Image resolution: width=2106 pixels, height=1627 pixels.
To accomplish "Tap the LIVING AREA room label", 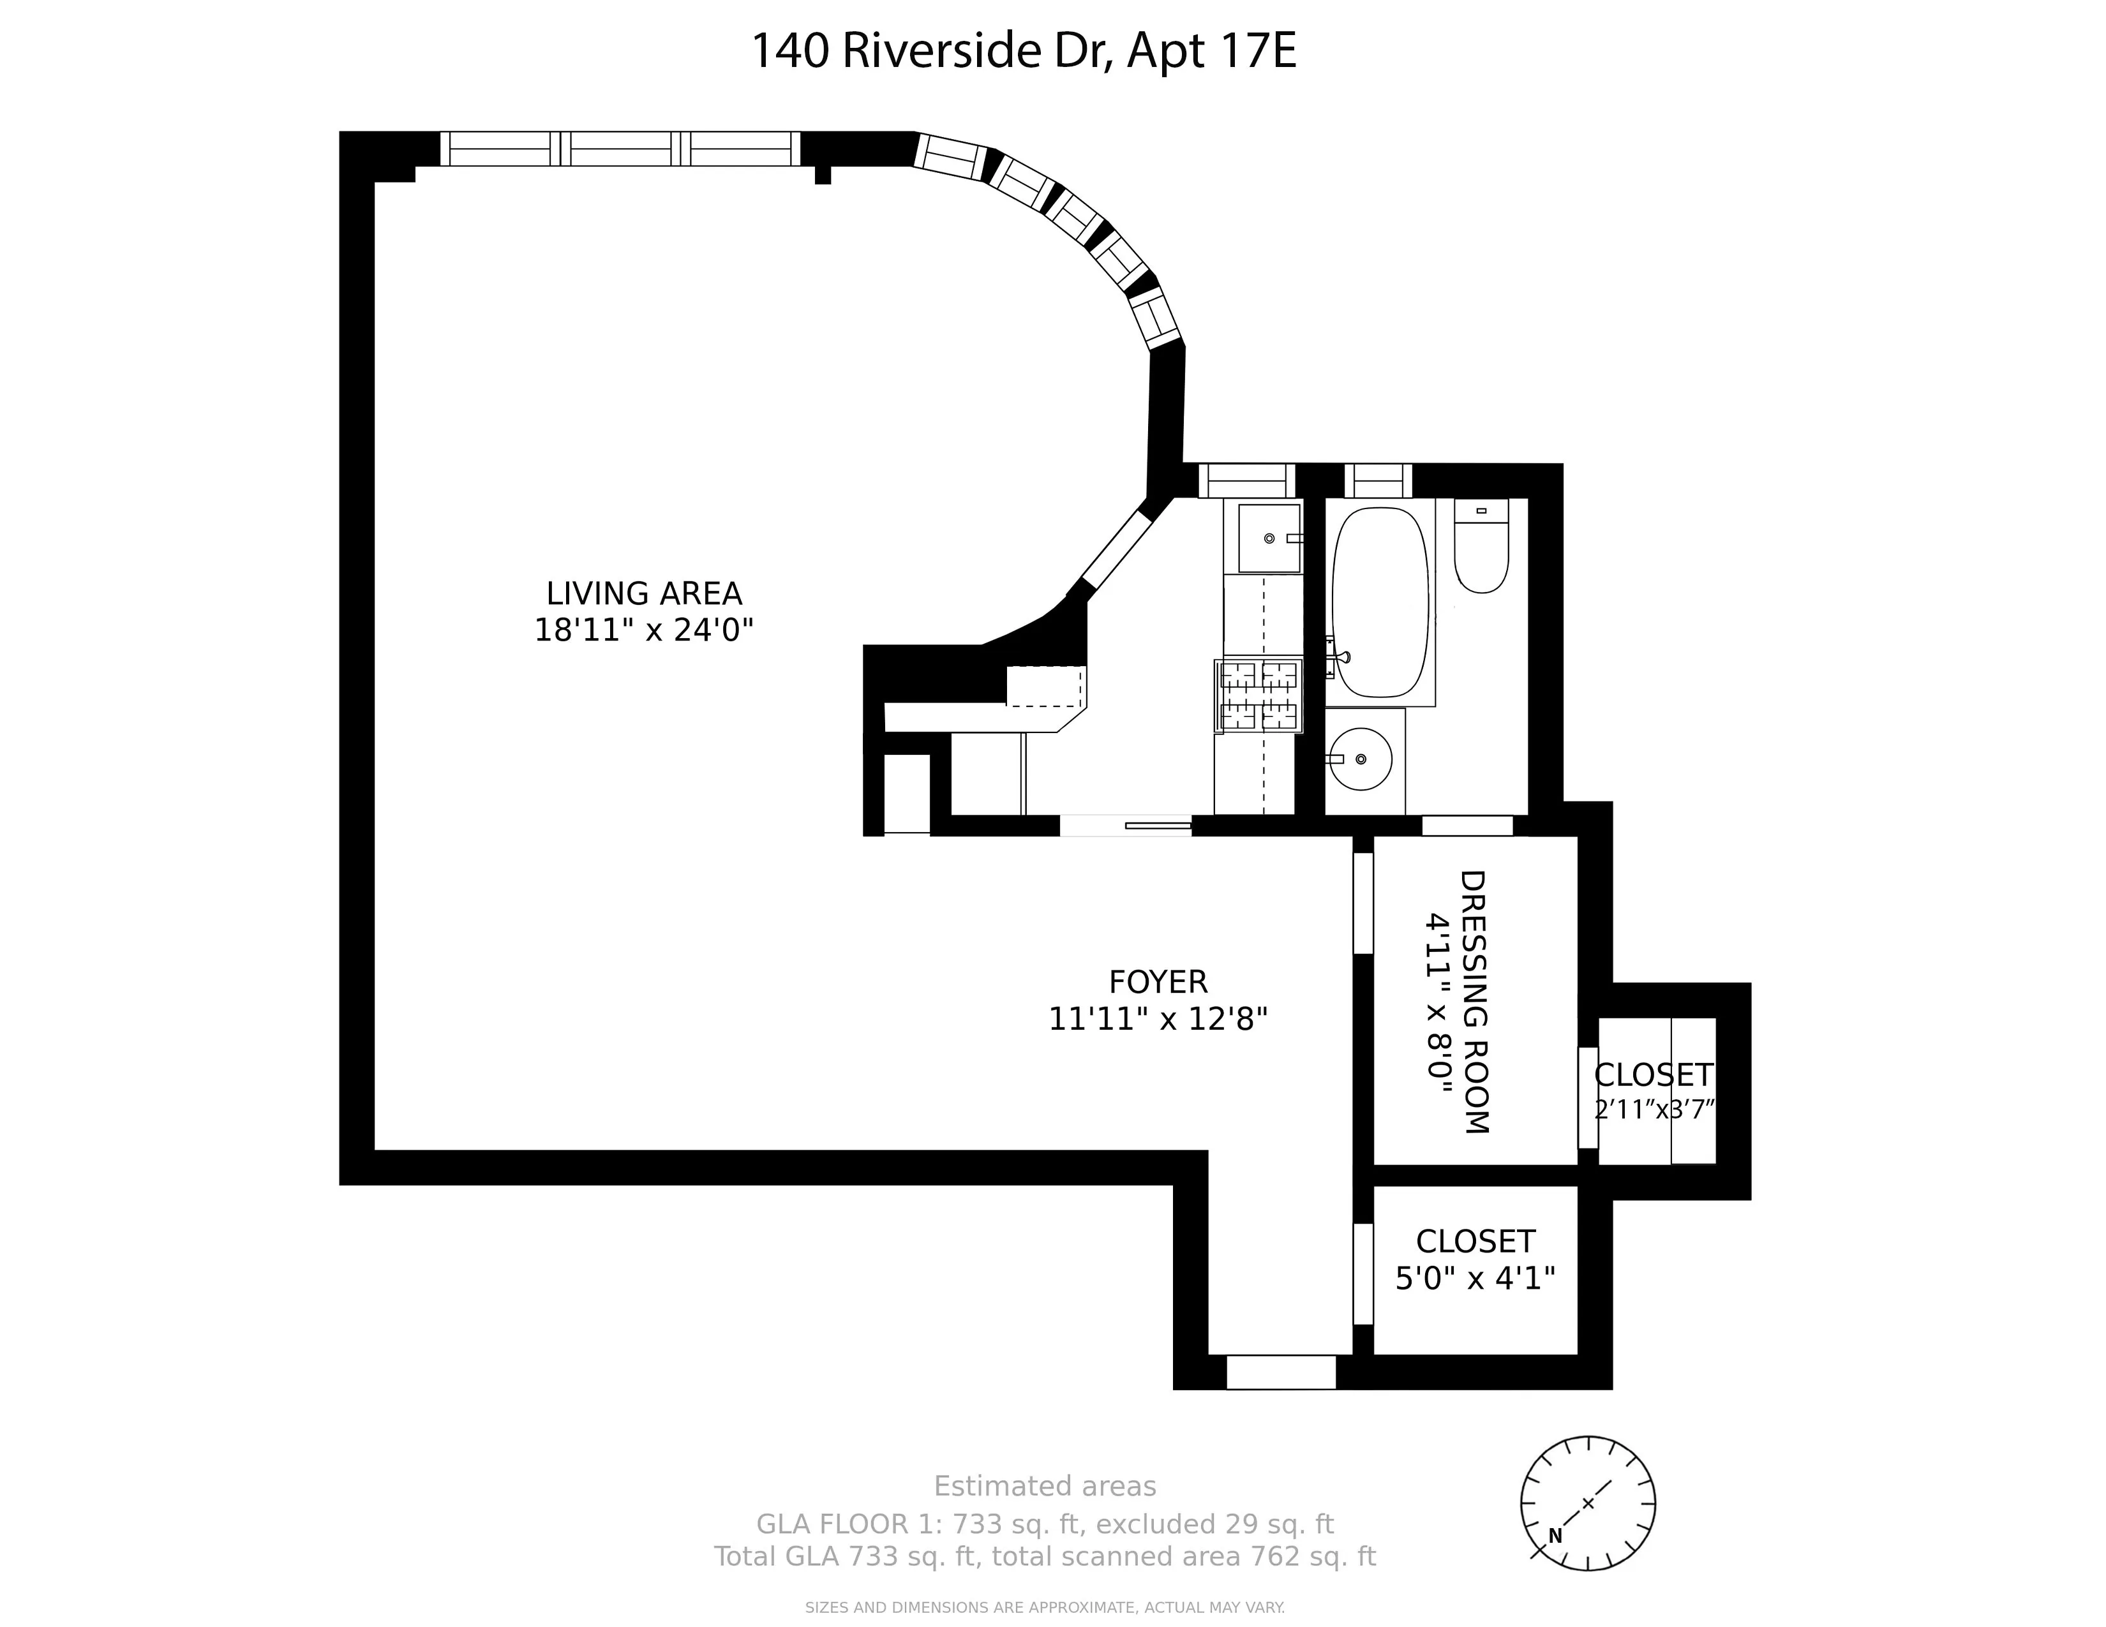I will [644, 593].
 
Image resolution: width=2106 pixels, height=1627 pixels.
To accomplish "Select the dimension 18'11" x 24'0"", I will [644, 630].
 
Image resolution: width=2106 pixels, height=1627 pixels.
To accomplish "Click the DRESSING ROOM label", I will [1475, 1002].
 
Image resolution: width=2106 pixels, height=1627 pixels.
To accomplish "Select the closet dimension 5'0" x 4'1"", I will [1475, 1278].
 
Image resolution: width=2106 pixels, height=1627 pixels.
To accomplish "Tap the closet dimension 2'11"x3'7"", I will [1655, 1110].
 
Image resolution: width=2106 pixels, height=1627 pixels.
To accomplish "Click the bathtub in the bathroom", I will [1380, 602].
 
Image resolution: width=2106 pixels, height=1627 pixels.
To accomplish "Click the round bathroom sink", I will [1359, 759].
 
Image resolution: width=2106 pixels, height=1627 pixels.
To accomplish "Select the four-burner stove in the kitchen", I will [1259, 695].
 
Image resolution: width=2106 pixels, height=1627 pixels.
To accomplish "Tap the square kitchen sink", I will [1269, 538].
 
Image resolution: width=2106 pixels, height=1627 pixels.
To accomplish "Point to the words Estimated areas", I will [1044, 1486].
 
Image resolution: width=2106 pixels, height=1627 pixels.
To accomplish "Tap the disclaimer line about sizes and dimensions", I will [1044, 1608].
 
